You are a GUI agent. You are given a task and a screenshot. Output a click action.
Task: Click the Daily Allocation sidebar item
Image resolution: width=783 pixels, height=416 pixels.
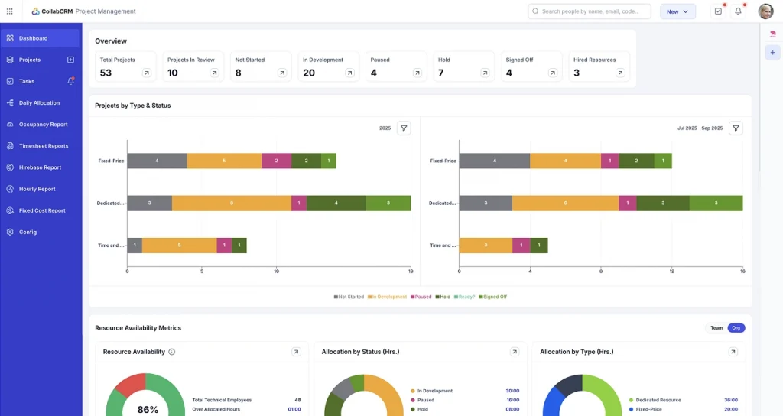pos(39,102)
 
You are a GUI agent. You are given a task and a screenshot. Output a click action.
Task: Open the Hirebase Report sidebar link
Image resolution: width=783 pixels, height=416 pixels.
pos(40,167)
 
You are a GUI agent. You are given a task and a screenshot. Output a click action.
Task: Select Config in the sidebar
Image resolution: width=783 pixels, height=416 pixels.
pos(28,232)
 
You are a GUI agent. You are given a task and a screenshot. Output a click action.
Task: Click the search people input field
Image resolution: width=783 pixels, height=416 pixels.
pos(589,11)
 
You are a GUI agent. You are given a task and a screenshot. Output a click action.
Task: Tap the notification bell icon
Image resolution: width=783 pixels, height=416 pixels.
pos(738,11)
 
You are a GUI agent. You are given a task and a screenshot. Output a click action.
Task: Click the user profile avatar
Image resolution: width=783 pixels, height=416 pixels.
pos(765,11)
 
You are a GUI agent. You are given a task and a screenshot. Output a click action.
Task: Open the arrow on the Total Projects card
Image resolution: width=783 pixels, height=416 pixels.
pos(147,73)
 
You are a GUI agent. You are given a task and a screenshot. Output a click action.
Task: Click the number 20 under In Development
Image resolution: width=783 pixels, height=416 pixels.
pos(309,73)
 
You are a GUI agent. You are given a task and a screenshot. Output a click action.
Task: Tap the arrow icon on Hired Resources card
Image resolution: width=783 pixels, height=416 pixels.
pos(619,73)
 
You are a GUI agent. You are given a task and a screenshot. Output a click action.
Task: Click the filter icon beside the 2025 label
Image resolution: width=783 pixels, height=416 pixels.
pos(404,128)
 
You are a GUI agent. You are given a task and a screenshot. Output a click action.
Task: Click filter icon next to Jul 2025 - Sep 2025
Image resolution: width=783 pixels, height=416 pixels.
pos(736,128)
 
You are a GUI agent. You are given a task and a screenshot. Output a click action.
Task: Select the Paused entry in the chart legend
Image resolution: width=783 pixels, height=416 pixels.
pos(421,297)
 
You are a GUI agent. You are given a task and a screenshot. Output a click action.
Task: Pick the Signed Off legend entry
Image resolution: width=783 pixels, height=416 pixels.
pos(492,297)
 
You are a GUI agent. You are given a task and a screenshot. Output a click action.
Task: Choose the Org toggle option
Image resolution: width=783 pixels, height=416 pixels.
pos(736,328)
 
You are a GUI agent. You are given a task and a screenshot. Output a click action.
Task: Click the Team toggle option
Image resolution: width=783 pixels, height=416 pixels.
pos(716,328)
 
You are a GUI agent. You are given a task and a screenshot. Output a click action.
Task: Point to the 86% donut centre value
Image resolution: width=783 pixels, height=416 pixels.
pos(148,409)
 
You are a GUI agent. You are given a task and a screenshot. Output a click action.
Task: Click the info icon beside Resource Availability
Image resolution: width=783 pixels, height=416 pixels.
pos(171,352)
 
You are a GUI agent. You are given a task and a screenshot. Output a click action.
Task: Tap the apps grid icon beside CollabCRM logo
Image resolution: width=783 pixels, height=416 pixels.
pos(9,11)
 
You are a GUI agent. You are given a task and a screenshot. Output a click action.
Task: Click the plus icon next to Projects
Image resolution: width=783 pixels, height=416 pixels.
pos(70,60)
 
